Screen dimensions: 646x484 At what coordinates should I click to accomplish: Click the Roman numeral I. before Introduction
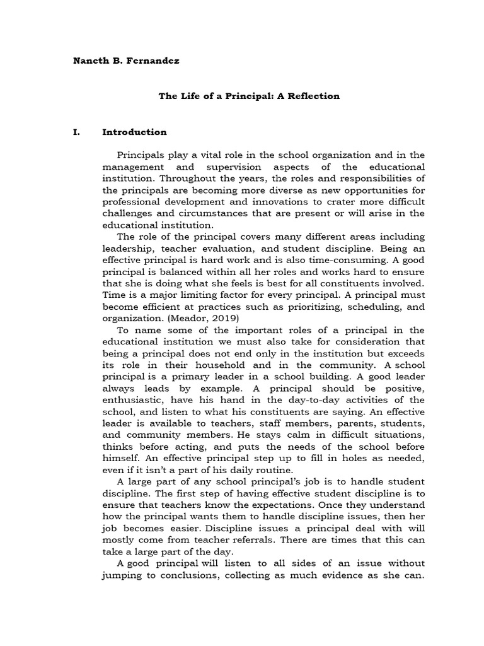(78, 132)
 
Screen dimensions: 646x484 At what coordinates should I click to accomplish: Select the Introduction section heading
(134, 132)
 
